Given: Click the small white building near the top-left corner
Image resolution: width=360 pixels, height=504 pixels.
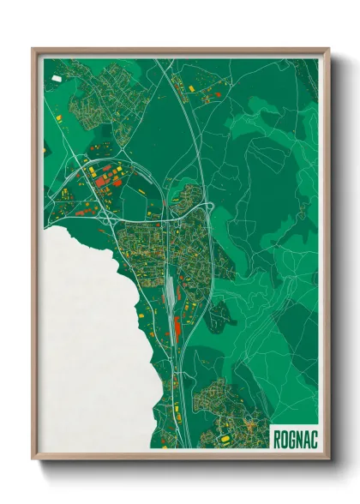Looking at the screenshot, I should (57, 79).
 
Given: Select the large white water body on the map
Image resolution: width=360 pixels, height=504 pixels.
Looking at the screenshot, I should (86, 343).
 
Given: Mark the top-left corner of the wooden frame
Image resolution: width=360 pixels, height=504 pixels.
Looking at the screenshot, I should (34, 50).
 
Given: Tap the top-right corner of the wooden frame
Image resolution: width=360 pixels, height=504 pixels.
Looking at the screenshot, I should (327, 50).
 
